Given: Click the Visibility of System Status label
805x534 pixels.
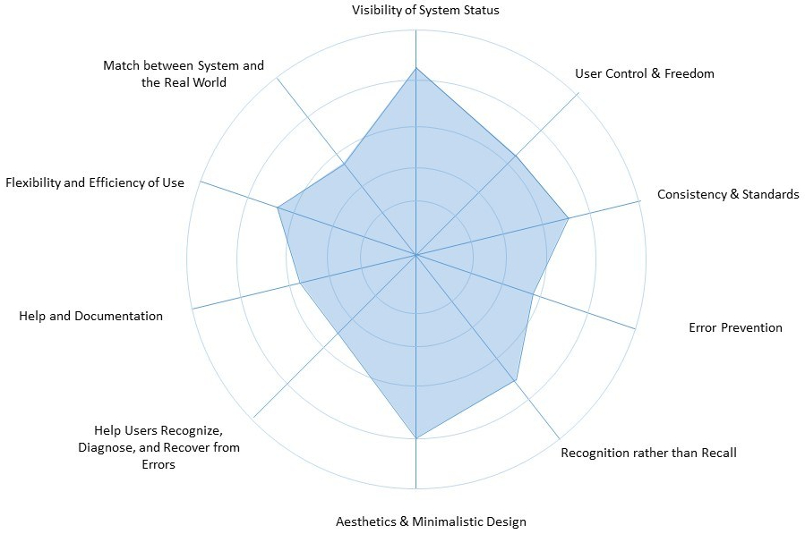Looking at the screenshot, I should coord(425,11).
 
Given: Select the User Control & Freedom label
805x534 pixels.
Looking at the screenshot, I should coord(645,73).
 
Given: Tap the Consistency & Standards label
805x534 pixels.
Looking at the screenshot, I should coord(728,194).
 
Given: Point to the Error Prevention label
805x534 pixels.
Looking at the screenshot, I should coord(735,327).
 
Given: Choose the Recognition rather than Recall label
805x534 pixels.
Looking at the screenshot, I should coord(648,453).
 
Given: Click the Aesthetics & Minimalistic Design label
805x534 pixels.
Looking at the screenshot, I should coord(431,521).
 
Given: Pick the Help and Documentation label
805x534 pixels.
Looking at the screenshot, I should coord(90,316).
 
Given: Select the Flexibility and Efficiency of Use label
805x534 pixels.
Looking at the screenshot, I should coord(95,182).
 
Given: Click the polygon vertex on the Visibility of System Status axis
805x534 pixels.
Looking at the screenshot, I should coord(415,68).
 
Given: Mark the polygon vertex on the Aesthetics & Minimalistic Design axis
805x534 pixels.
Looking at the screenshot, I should coord(415,438).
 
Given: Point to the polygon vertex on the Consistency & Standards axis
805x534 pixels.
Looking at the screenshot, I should coord(569,216).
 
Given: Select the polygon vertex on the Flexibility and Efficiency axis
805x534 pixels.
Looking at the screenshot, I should coord(277,208).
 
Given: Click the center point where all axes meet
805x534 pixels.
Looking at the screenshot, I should coord(415,255).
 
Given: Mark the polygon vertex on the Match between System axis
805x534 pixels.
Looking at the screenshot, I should coord(345,164).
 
